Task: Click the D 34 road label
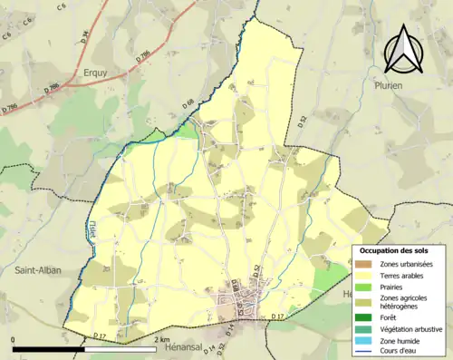point(84,37)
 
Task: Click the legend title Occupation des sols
point(394,250)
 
